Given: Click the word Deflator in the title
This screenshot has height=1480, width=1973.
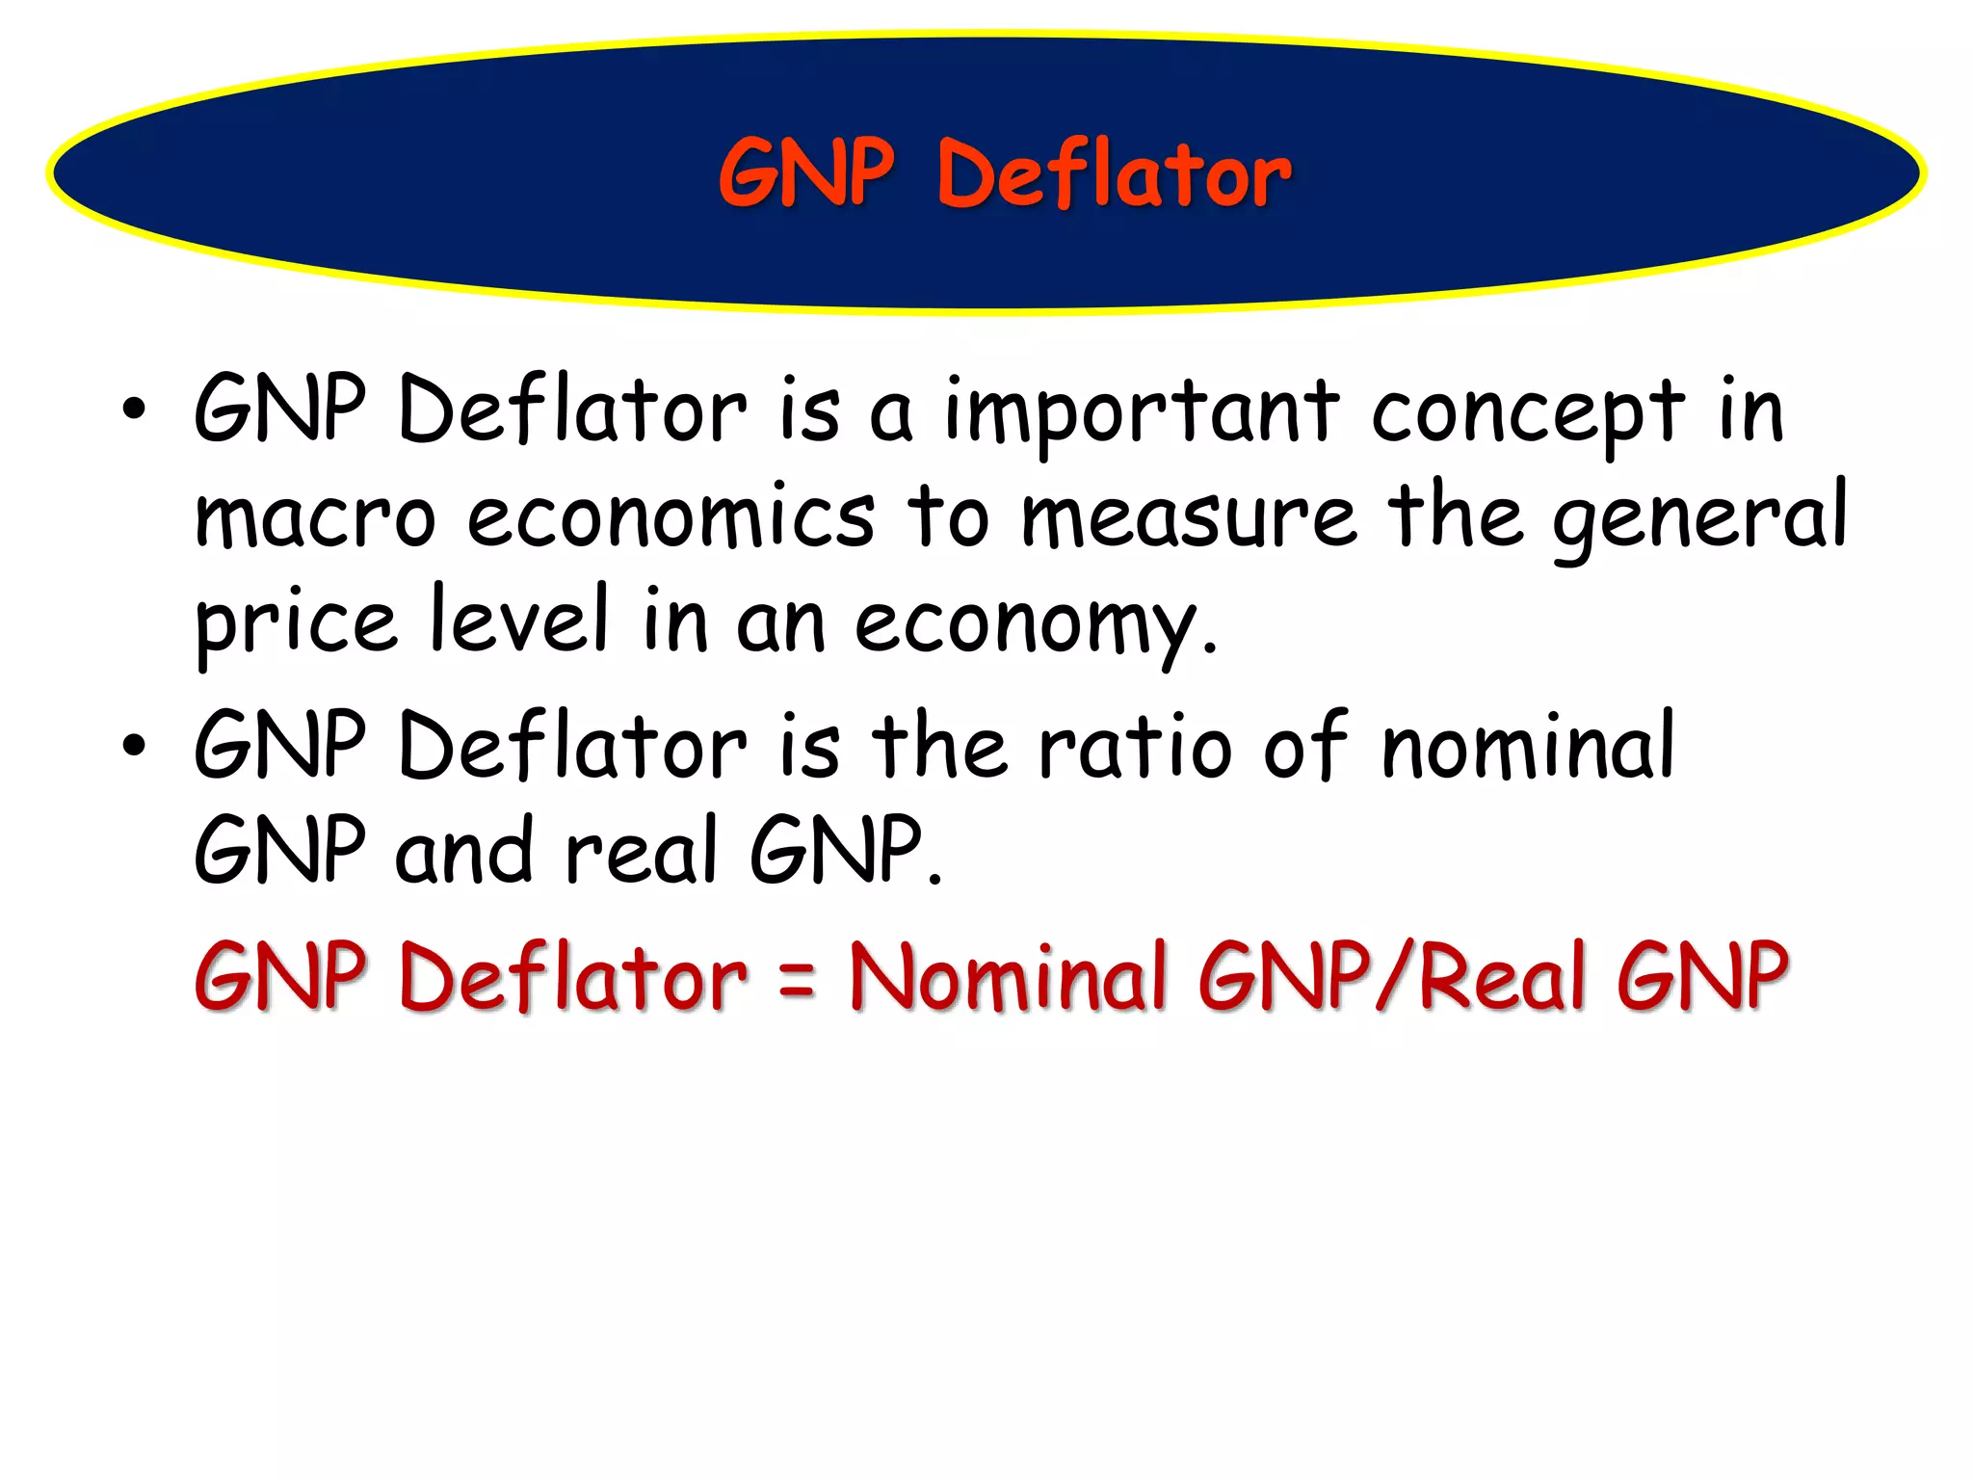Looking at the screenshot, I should point(1114,174).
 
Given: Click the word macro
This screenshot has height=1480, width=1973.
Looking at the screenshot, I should point(315,518).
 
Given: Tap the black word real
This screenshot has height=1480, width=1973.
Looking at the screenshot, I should point(642,851).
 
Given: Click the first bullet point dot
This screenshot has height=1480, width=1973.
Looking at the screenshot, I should point(134,410).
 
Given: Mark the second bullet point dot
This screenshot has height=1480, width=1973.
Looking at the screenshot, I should point(134,745).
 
